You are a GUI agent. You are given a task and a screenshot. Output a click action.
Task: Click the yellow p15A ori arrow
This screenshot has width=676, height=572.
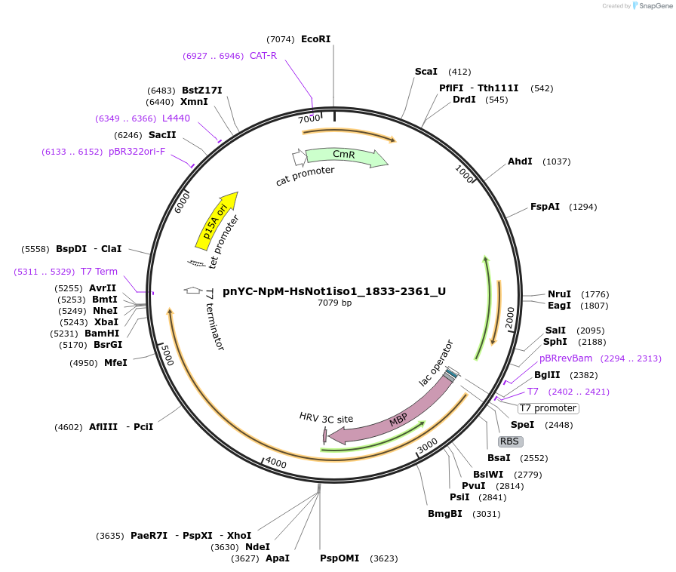click(x=217, y=220)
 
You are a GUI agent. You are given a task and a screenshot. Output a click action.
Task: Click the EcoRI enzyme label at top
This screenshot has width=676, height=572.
click(x=315, y=39)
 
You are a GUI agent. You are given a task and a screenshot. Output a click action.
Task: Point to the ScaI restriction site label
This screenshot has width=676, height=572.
click(x=426, y=72)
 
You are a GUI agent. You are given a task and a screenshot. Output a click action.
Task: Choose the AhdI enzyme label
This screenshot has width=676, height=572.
click(x=520, y=161)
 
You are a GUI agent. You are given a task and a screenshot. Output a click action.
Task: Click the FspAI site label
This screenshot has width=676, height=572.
click(x=545, y=207)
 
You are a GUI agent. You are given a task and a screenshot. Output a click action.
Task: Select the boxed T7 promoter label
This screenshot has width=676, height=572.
click(x=548, y=408)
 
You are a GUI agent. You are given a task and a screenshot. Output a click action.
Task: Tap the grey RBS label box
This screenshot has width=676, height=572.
click(x=510, y=441)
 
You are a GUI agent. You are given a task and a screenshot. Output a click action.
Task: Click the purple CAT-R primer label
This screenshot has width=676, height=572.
click(x=263, y=56)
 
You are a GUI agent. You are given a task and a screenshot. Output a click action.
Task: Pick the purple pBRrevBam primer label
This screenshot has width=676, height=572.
click(x=566, y=358)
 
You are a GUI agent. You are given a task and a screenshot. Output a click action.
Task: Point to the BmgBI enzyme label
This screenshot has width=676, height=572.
click(x=445, y=514)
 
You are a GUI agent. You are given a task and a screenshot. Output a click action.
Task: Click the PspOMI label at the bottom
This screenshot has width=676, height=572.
click(x=340, y=558)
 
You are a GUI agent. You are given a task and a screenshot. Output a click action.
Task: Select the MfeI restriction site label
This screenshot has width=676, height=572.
click(x=115, y=363)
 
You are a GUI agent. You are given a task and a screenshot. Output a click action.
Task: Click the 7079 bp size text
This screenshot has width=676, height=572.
click(x=334, y=303)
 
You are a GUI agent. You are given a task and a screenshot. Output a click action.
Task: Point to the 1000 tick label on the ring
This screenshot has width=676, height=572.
click(x=463, y=173)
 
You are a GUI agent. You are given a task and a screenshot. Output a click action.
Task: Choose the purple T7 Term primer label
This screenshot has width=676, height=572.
click(x=99, y=272)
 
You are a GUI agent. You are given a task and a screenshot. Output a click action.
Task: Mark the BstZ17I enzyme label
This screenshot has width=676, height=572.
click(x=201, y=91)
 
